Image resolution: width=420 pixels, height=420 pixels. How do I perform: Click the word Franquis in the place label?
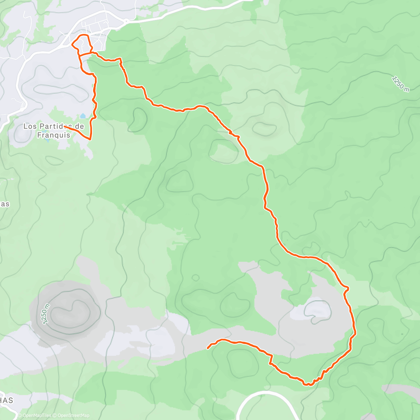(54, 135)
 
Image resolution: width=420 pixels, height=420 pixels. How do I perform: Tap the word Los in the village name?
(30, 126)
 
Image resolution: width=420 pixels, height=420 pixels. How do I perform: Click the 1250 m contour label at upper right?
(400, 84)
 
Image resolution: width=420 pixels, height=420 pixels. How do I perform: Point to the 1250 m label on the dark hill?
(45, 314)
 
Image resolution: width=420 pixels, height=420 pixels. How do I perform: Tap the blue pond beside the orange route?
(83, 116)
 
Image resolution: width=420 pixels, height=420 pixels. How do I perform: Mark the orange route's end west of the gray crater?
(208, 348)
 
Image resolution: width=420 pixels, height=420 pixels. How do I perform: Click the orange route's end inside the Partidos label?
(65, 126)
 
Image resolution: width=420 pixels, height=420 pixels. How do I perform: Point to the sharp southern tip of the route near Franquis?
(90, 139)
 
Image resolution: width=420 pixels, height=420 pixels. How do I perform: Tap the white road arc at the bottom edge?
(266, 394)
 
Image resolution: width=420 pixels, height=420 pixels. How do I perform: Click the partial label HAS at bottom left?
(6, 400)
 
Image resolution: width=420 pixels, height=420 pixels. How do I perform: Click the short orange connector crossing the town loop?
(85, 55)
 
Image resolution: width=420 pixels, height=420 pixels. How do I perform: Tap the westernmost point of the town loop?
(72, 44)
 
